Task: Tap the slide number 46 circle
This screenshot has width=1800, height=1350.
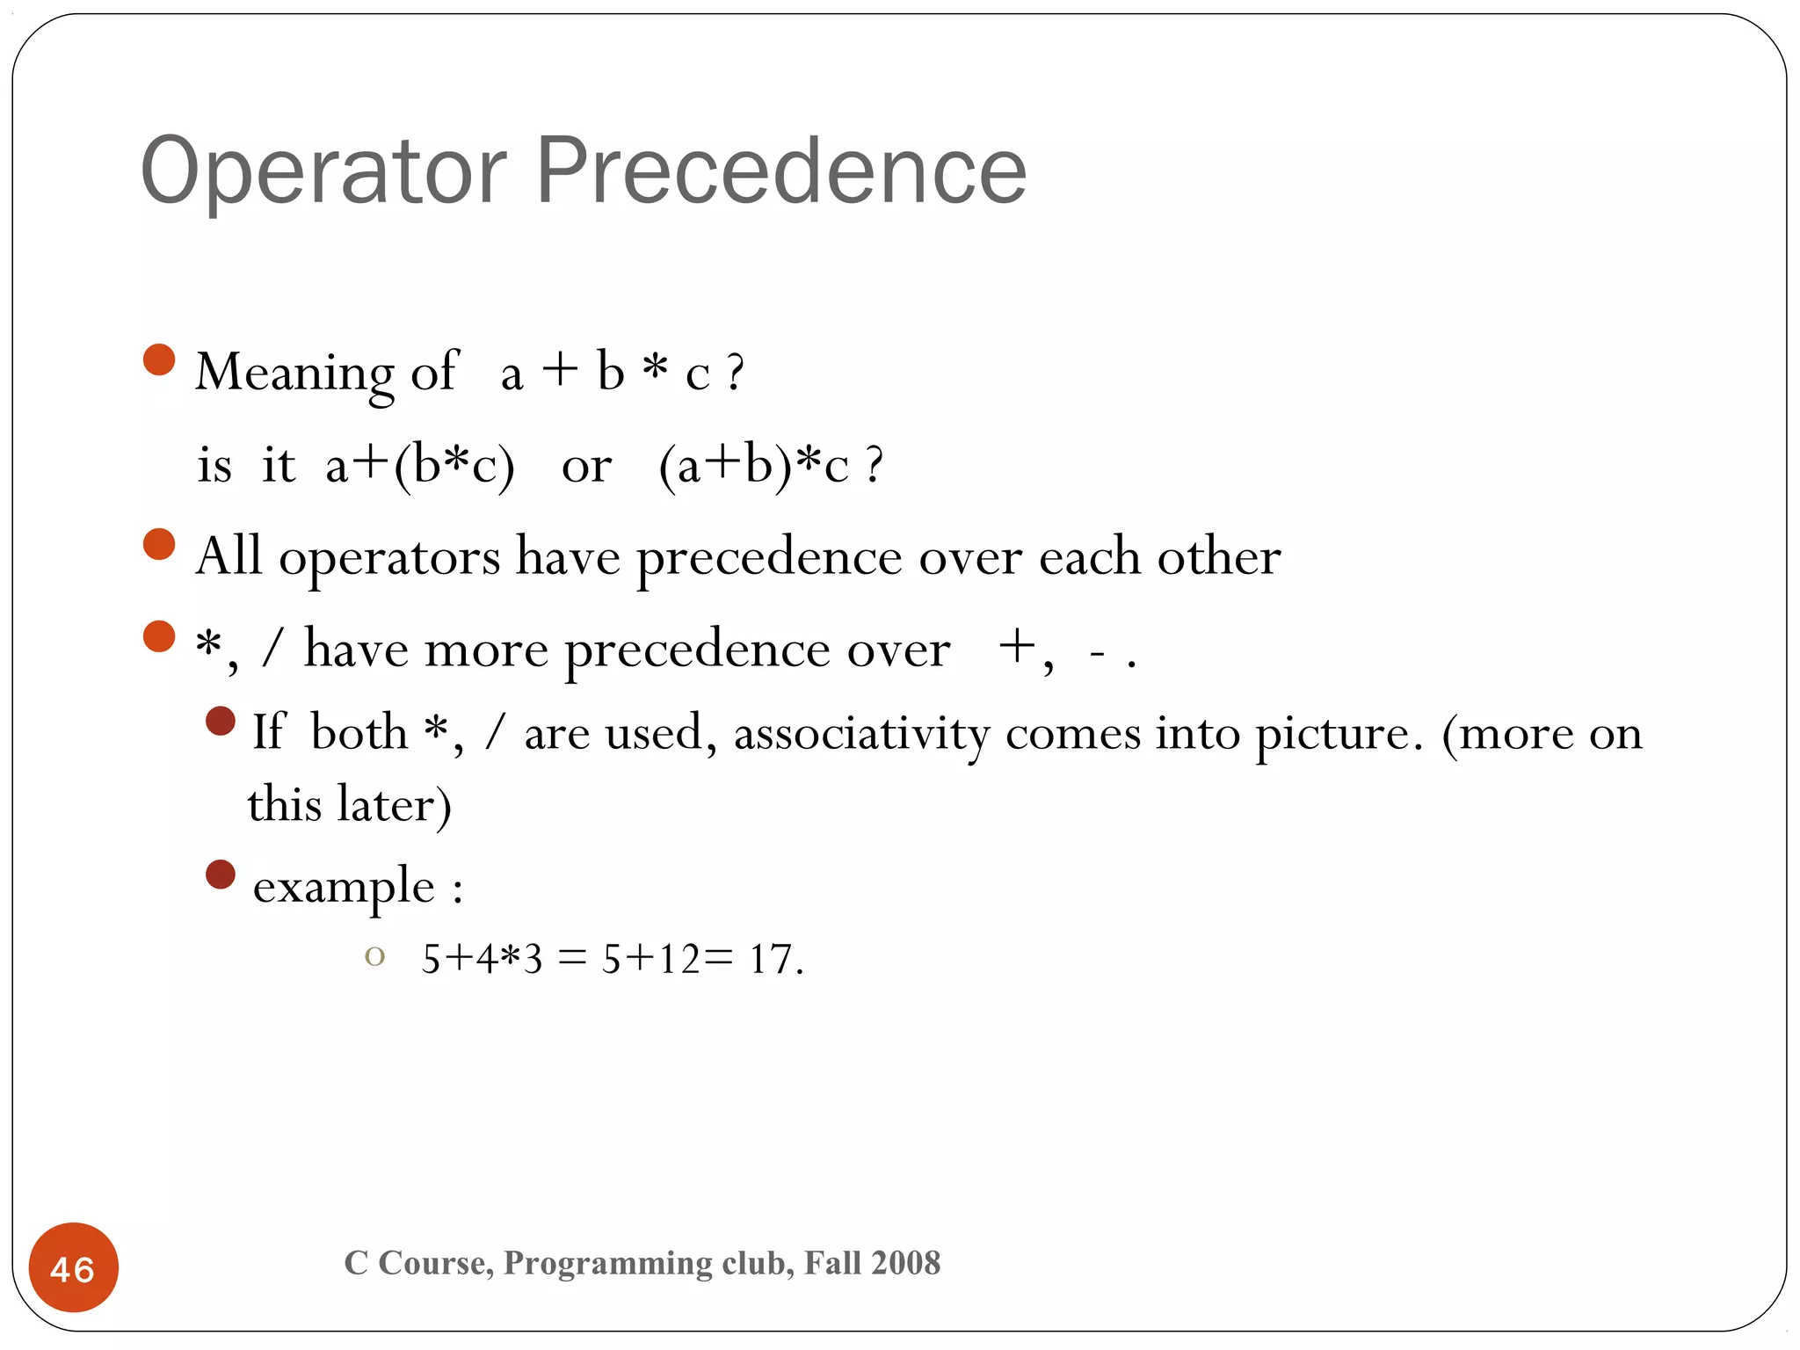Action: coord(74,1268)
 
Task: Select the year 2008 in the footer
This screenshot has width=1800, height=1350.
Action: coord(907,1263)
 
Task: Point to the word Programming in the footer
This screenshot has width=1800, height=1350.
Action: coord(607,1263)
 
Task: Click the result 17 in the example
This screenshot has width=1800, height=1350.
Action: coord(771,959)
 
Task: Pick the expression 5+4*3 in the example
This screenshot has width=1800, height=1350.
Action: coord(482,959)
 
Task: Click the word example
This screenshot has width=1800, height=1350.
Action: coord(344,886)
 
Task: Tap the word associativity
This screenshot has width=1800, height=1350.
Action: coord(861,732)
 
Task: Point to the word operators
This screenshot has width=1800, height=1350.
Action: coord(389,556)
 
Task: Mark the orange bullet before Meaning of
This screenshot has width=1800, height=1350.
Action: coord(159,359)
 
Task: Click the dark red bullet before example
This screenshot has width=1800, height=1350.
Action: coord(221,875)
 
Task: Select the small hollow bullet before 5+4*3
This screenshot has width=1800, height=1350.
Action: coord(375,956)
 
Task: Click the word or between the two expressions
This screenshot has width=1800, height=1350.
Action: coord(586,466)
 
